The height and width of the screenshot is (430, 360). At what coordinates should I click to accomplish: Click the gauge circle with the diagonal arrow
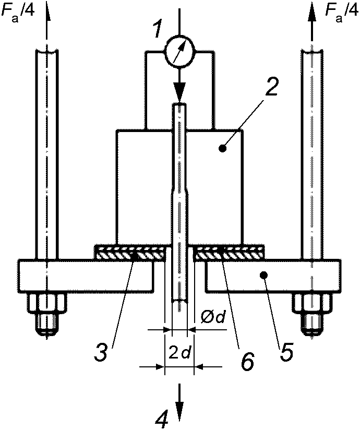click(x=179, y=51)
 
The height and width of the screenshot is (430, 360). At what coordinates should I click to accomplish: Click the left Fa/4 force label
click(x=18, y=13)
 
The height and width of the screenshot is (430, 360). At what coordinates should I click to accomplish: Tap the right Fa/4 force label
click(x=342, y=13)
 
